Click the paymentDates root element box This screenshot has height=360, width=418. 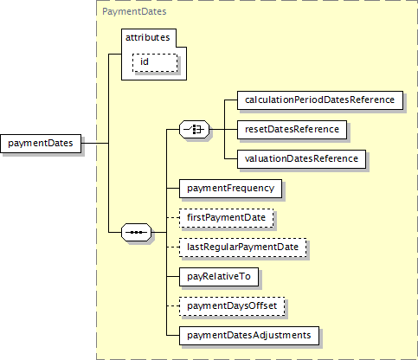click(x=41, y=144)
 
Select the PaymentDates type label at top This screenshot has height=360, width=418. click(x=134, y=11)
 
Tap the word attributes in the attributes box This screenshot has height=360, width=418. click(x=148, y=37)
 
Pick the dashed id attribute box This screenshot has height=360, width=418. click(x=155, y=62)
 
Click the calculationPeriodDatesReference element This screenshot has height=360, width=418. click(x=320, y=100)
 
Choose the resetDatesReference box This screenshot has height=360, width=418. click(x=292, y=130)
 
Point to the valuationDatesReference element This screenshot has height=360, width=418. click(x=301, y=159)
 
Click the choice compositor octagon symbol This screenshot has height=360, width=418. click(x=195, y=130)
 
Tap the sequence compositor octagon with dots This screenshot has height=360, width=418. click(x=137, y=232)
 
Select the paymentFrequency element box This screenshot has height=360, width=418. click(x=230, y=189)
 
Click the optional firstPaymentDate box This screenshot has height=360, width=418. click(x=226, y=218)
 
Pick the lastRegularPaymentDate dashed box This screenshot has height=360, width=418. click(x=242, y=247)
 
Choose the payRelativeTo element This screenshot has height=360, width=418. click(x=219, y=277)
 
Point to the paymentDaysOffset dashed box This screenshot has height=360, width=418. click(x=232, y=306)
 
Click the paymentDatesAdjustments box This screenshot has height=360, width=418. click(x=249, y=336)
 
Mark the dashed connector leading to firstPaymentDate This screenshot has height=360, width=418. click(x=173, y=218)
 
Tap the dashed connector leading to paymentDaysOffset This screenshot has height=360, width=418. click(x=173, y=306)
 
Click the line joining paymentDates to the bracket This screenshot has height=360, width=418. click(x=95, y=143)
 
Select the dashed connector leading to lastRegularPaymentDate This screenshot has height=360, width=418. click(x=173, y=247)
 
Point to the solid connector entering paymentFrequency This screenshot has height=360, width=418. click(x=173, y=189)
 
